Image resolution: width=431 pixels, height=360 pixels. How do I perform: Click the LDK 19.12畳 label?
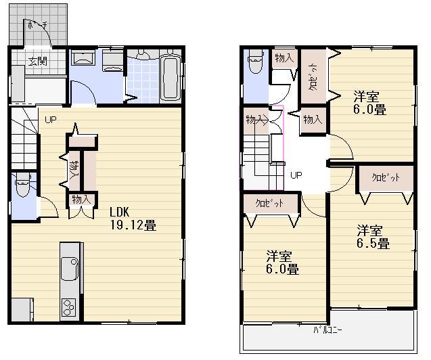click(133, 219)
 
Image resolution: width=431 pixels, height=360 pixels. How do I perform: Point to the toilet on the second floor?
click(255, 64)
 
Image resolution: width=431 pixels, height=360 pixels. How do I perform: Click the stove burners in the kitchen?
click(69, 307)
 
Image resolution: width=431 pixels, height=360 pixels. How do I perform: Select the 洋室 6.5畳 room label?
click(373, 236)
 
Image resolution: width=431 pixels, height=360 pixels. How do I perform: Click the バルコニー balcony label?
click(327, 330)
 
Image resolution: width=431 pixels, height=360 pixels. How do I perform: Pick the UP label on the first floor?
click(51, 120)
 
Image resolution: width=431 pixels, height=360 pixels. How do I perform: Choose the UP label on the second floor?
click(296, 175)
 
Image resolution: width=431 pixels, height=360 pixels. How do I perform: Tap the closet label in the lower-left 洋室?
click(269, 203)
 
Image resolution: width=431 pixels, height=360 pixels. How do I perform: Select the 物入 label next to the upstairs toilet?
click(283, 58)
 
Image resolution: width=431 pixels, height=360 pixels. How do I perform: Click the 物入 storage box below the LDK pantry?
click(81, 200)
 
